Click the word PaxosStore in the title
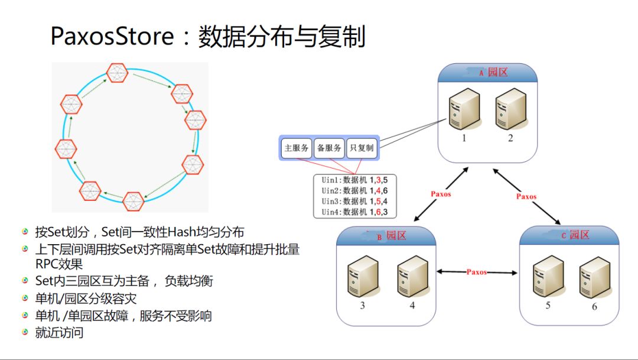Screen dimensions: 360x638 coord(112,37)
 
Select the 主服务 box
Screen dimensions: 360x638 coord(296,148)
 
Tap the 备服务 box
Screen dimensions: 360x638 coord(328,148)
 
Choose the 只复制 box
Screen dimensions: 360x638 coord(361,148)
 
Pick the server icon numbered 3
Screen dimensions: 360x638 coord(362,276)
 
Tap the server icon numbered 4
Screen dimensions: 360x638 coord(412,276)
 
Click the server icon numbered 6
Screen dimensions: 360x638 coord(594,276)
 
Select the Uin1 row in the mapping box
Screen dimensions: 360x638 coord(355,180)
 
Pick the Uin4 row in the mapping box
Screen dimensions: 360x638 coord(355,212)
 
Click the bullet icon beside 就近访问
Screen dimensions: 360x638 coord(25,332)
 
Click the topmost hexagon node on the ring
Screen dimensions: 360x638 coord(117,73)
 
